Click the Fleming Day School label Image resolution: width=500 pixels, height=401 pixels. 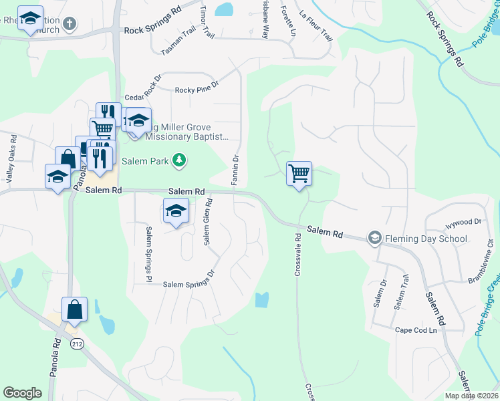(x=420, y=238)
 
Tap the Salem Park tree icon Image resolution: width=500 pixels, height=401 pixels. (x=178, y=160)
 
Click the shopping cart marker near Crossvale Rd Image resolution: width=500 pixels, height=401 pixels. (x=299, y=174)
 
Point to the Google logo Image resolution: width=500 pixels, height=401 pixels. (x=23, y=393)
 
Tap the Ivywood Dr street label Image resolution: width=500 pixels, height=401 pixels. (x=463, y=222)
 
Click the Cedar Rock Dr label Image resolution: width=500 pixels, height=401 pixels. (x=143, y=97)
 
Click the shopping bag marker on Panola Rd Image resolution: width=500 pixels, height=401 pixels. (x=75, y=309)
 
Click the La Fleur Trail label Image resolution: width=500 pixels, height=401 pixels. (x=316, y=25)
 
